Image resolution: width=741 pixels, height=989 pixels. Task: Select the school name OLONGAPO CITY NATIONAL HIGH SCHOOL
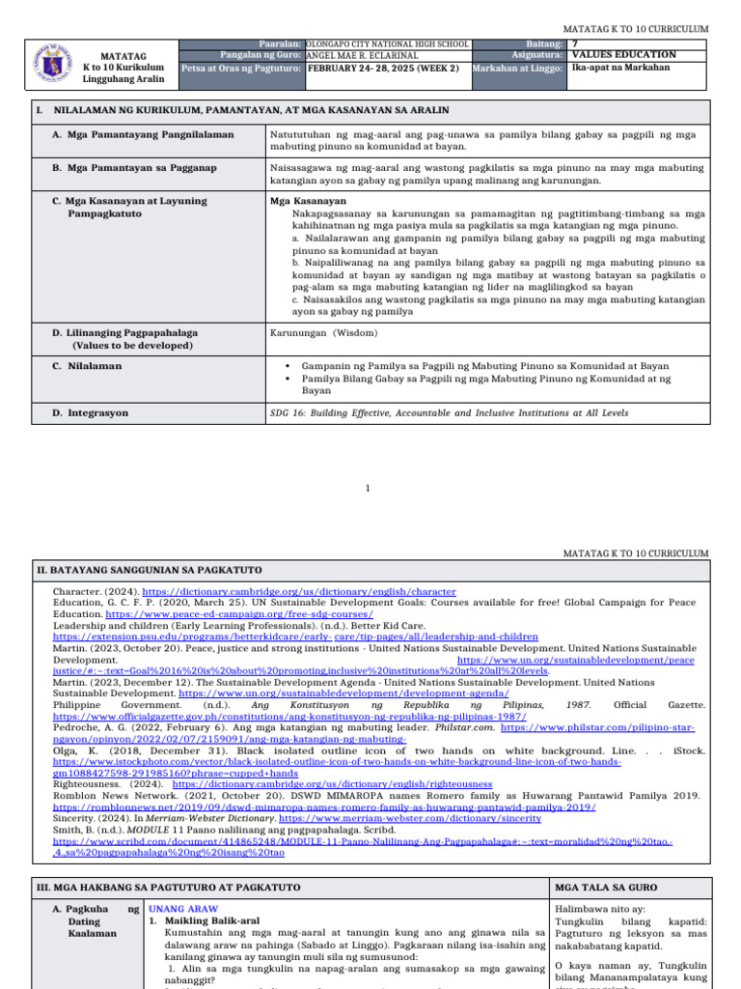click(387, 44)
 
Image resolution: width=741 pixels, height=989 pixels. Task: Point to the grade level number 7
click(575, 44)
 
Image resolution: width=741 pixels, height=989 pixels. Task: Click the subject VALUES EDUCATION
click(623, 56)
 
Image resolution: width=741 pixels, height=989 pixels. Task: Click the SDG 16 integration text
click(449, 412)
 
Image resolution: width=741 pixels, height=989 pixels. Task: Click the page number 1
click(368, 490)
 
